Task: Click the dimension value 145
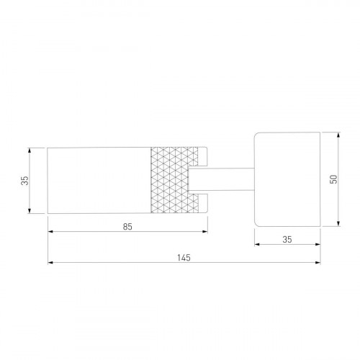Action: pos(184,258)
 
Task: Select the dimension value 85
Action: pos(127,227)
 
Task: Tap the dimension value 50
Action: pos(333,179)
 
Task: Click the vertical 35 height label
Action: pos(24,181)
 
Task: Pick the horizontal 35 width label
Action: pos(287,240)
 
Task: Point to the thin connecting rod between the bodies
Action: pos(222,179)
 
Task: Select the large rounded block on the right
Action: pos(287,179)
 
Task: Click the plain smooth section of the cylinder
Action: pos(99,180)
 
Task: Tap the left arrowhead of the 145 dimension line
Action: pos(50,263)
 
